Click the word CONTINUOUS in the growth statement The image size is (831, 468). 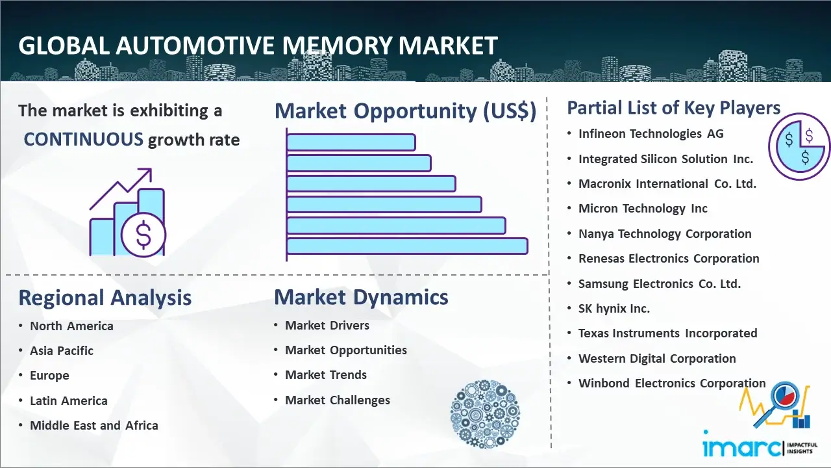tap(84, 139)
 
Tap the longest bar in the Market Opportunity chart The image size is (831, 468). tap(407, 246)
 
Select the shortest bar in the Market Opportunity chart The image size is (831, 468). tap(351, 142)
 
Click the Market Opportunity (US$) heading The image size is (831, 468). tap(406, 111)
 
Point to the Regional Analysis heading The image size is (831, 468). tap(105, 298)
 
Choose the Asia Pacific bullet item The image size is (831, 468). tap(62, 350)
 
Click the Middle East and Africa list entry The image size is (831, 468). tap(94, 425)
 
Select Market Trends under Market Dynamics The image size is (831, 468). tap(326, 375)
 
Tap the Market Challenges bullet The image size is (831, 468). tap(337, 400)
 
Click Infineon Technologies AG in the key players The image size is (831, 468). tap(651, 134)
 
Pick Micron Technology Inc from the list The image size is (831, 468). tap(643, 209)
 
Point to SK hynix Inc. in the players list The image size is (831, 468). tap(614, 308)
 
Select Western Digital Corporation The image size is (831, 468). tap(657, 358)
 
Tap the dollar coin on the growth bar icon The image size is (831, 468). tap(143, 235)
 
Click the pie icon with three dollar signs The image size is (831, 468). tap(799, 147)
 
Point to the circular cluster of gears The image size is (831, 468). tap(485, 414)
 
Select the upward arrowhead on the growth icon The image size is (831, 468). tap(146, 174)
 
